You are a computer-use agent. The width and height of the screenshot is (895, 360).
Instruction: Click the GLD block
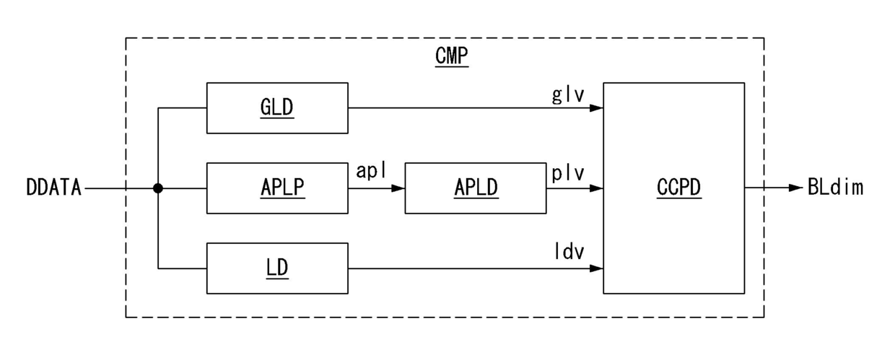click(277, 108)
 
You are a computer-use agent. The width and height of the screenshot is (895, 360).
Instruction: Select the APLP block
click(277, 188)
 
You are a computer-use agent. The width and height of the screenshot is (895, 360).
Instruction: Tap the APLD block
click(476, 188)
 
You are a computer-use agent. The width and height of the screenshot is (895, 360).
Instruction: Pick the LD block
click(277, 268)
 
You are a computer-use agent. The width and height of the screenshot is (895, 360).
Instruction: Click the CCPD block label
click(679, 188)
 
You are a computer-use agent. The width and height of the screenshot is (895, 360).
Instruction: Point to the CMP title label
click(452, 56)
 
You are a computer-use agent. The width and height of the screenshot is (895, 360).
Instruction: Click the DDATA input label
click(53, 188)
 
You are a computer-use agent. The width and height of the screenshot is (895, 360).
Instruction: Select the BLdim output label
click(835, 187)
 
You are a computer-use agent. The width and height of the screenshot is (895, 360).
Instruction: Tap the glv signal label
click(568, 95)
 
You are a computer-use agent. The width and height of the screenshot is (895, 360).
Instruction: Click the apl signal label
click(371, 171)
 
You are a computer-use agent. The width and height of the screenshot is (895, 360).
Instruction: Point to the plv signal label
click(568, 174)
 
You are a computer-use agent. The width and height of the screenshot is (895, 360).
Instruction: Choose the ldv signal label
click(569, 251)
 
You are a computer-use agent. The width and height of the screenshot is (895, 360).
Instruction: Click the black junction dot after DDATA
click(158, 188)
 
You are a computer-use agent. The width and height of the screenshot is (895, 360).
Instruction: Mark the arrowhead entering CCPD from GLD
click(596, 108)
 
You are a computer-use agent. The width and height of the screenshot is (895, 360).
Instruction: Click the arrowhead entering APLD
click(398, 188)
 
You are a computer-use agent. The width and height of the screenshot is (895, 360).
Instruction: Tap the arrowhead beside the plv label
click(596, 188)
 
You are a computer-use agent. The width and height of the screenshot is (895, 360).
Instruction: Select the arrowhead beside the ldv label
click(596, 268)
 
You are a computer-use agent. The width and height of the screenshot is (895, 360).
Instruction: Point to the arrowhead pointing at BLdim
click(796, 188)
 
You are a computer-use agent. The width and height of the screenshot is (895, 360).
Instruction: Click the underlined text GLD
click(277, 108)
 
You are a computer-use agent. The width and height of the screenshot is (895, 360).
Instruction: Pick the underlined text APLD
click(476, 188)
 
